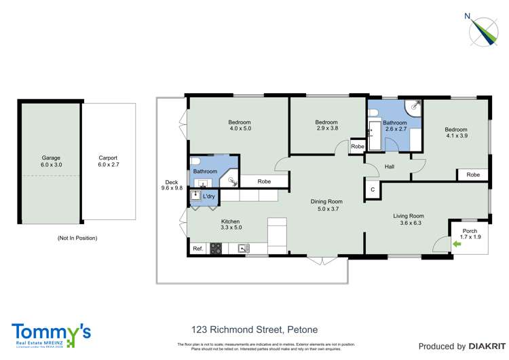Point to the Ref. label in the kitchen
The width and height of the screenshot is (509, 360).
tap(198, 249)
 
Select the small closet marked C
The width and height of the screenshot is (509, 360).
tap(372, 190)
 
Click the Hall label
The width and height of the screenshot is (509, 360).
tap(389, 166)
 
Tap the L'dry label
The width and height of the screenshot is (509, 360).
tap(209, 196)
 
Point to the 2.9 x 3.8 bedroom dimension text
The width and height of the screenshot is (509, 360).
tap(326, 128)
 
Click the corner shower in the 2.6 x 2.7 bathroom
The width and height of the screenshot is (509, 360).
tap(413, 109)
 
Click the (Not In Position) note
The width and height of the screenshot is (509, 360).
tap(77, 238)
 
